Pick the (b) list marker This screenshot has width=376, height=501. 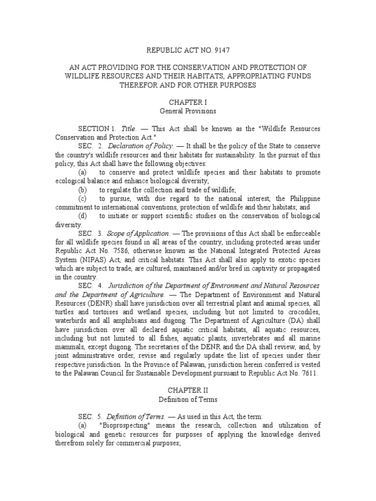(82, 190)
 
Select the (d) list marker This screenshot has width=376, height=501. (82, 216)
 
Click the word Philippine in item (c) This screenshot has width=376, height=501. (304, 199)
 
